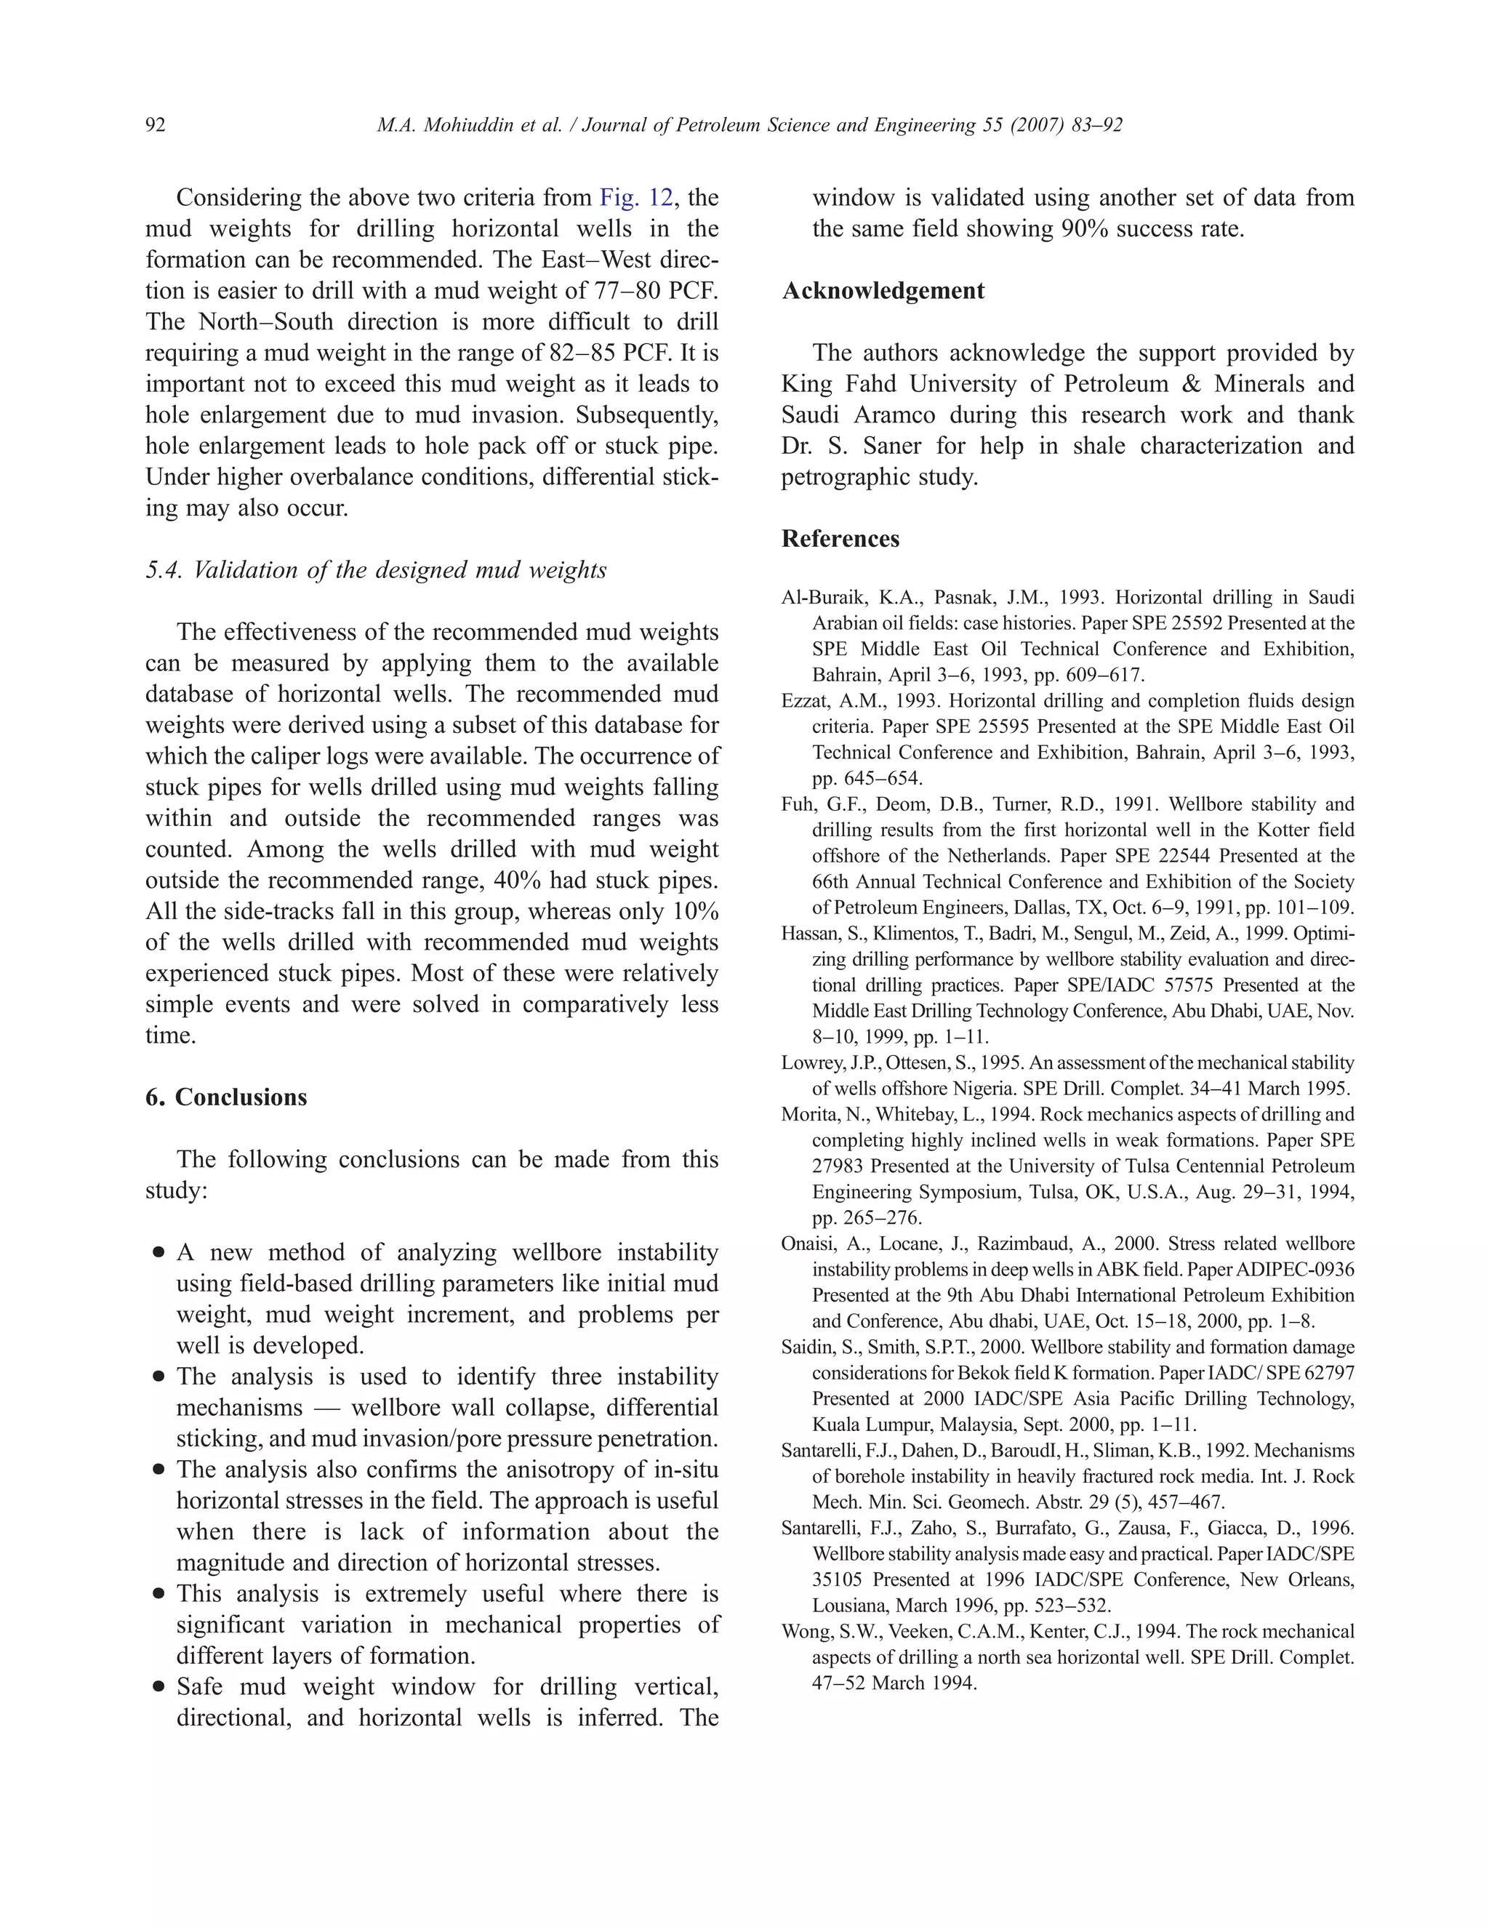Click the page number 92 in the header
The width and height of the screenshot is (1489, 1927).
pos(156,125)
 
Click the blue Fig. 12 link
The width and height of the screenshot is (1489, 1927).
pos(635,198)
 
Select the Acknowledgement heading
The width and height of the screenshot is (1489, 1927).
pos(883,291)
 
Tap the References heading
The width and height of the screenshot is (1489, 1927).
pos(840,539)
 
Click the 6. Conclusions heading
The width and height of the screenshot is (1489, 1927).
pos(227,1097)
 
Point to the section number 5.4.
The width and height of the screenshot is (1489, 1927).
pos(164,571)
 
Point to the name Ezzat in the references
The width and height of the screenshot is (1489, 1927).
pos(803,702)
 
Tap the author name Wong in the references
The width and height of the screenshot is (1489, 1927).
pos(803,1632)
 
